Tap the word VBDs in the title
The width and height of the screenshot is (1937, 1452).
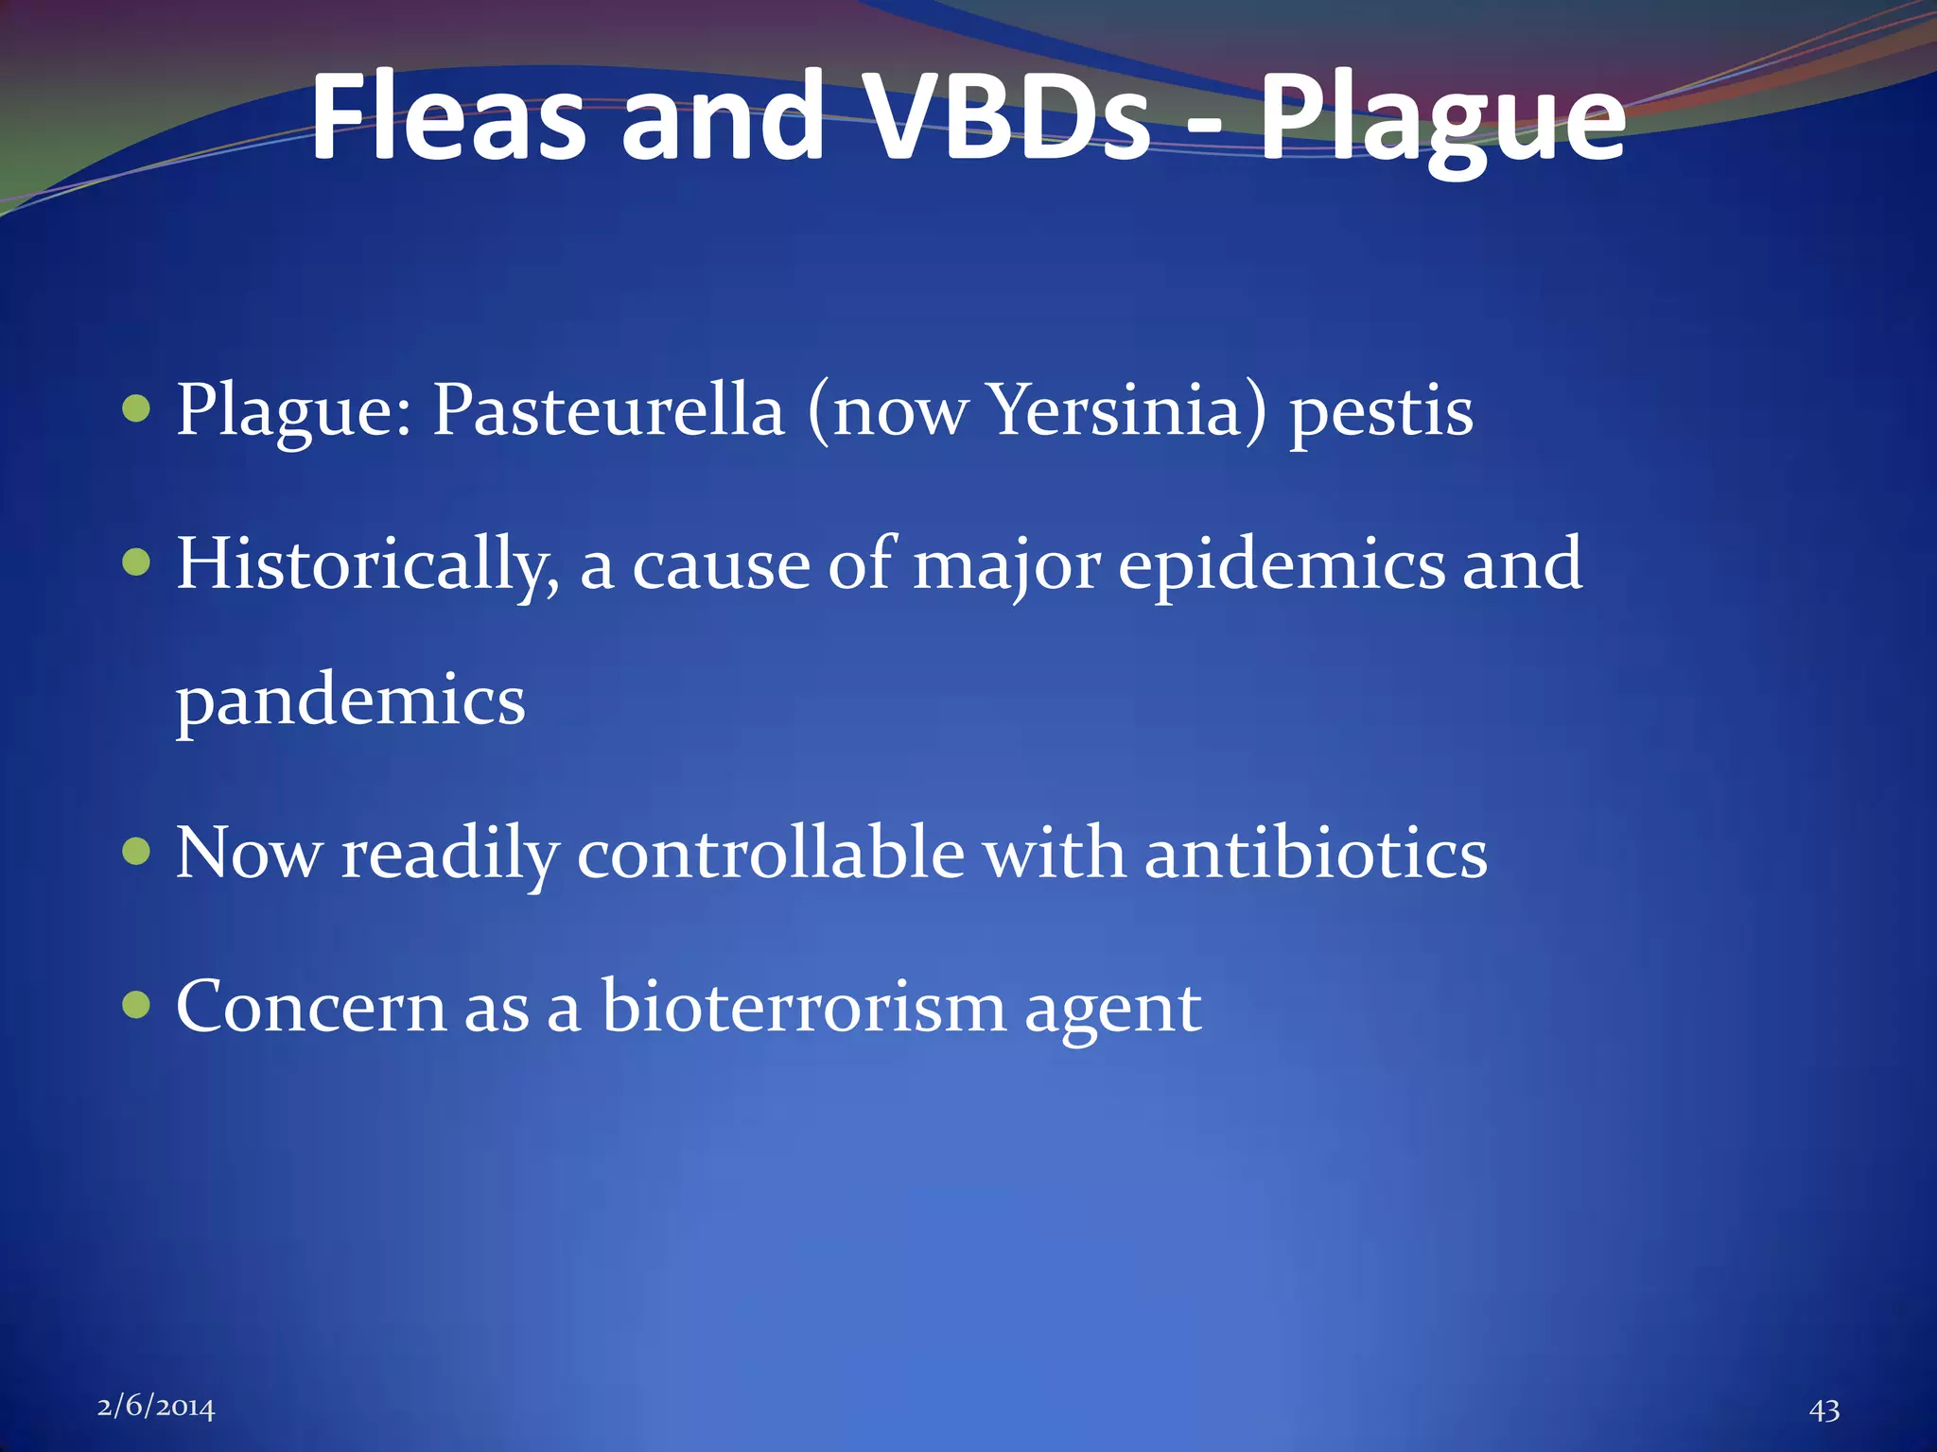pos(1009,118)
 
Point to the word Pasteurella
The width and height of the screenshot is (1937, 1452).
pos(608,411)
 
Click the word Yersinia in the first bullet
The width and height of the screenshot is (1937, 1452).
pos(1114,411)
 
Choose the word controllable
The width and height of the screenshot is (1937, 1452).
pos(770,854)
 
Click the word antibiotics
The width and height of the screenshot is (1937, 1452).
pos(1316,854)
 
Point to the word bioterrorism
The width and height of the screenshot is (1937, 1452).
pos(804,1007)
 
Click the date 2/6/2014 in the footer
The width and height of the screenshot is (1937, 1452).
pos(156,1408)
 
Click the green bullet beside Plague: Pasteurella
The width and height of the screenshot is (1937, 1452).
pos(137,410)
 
